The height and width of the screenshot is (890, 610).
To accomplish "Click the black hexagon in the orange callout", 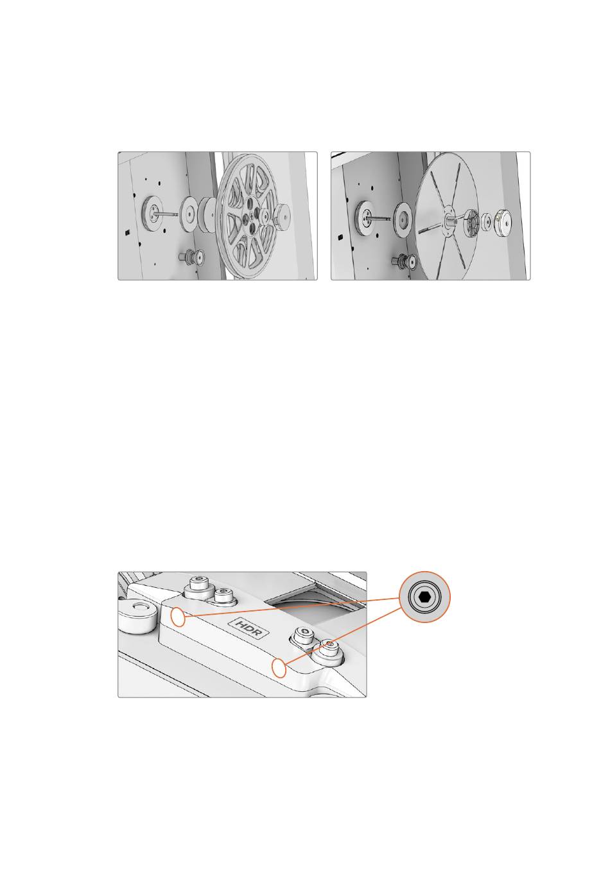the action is [x=424, y=596].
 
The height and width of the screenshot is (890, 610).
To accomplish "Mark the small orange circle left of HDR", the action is [x=178, y=617].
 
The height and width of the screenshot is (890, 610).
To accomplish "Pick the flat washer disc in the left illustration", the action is [x=189, y=214].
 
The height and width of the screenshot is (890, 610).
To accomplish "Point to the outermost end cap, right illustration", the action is [x=503, y=221].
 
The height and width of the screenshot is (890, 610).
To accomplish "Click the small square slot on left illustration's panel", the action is [x=127, y=232].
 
